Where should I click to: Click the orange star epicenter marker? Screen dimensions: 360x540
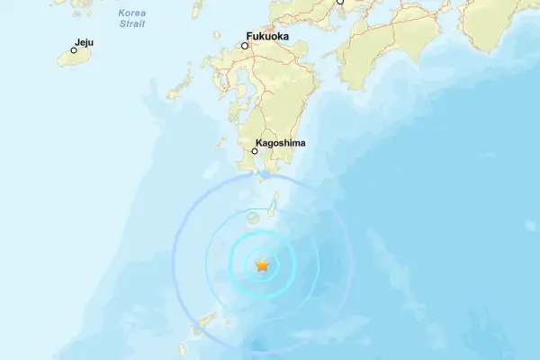coord(262,265)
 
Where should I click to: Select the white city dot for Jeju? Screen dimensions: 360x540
coord(74,50)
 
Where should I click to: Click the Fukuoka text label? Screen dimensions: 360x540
coord(266,38)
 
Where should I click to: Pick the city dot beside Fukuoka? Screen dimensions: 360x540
coord(244,45)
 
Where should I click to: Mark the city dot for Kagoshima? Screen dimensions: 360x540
coord(255,151)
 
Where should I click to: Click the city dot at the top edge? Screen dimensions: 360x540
coord(340,2)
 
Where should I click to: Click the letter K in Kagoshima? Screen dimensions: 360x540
coord(259,143)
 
